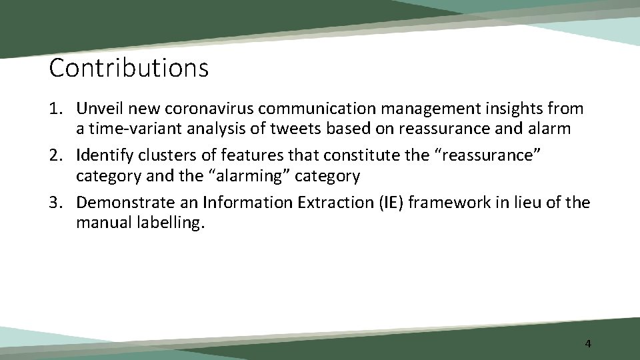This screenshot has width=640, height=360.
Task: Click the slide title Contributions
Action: (129, 67)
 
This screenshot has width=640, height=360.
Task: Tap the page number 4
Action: (587, 344)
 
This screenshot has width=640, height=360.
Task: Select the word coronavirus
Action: (214, 108)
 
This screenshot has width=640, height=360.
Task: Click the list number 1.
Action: (55, 108)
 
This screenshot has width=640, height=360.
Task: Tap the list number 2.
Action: (55, 155)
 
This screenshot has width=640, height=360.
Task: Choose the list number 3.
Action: (55, 203)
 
